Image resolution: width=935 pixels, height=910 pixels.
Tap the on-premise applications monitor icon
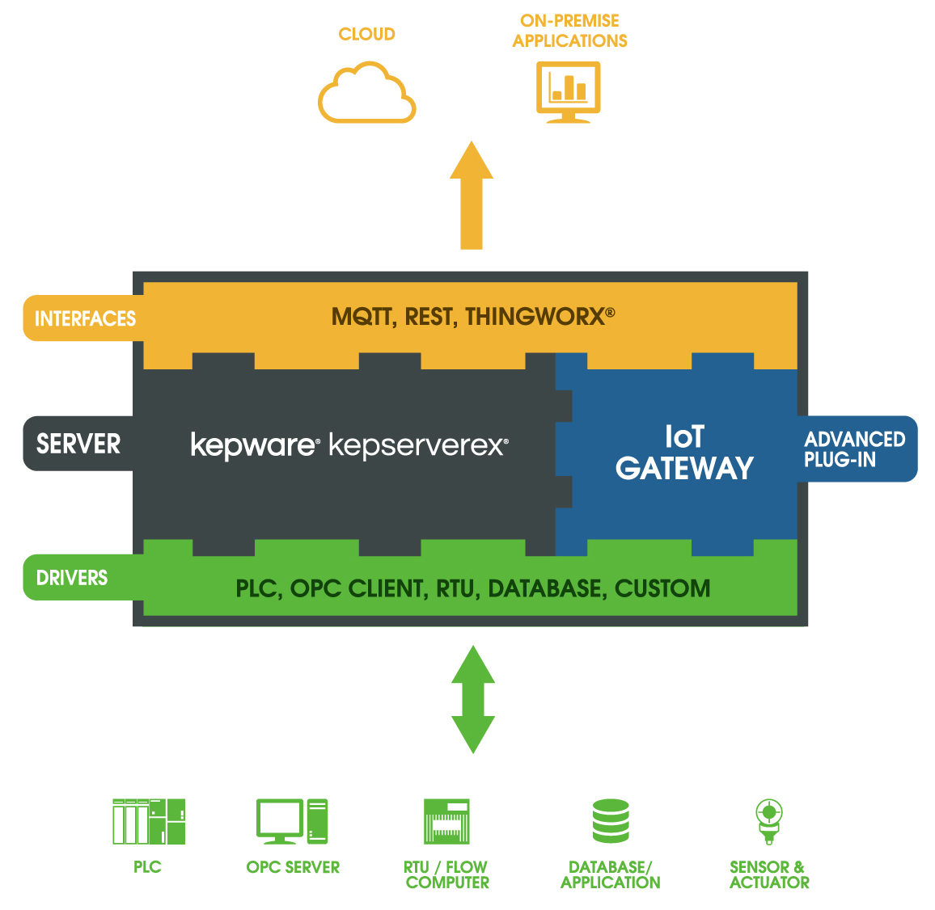point(569,91)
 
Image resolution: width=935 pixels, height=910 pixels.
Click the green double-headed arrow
point(472,699)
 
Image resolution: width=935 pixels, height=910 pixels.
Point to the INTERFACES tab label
point(84,318)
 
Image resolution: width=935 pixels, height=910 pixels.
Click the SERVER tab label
point(78,444)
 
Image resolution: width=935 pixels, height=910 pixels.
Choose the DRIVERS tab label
point(72,578)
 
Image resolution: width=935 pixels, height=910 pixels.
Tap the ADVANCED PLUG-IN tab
point(855,449)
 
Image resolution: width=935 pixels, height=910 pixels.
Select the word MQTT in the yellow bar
point(362,317)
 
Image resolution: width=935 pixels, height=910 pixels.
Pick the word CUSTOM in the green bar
point(662,588)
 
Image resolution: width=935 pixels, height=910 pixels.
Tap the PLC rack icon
point(149,822)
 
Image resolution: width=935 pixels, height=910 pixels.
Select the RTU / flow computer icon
point(446,822)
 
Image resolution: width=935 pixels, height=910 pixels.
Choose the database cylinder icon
point(611,822)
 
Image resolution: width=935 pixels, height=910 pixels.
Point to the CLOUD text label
point(366,34)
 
